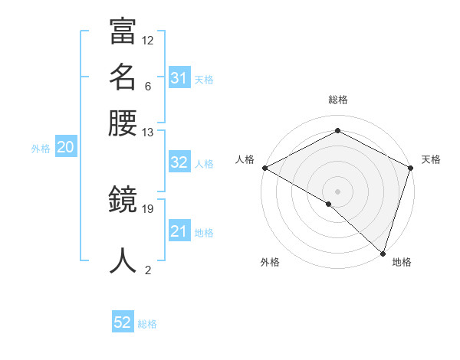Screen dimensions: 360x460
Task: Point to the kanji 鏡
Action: click(123, 201)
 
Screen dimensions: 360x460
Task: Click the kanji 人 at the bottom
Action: click(123, 260)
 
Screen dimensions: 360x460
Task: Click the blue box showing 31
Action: click(179, 78)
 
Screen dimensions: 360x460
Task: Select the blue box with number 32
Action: click(179, 162)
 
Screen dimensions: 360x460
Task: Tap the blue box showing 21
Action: click(179, 231)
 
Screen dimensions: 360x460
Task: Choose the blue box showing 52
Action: click(123, 323)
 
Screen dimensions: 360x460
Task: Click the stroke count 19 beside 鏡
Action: click(148, 208)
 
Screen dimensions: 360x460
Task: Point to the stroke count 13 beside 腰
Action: click(148, 133)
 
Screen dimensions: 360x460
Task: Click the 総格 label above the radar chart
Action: click(338, 100)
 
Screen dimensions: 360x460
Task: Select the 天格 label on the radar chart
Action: click(431, 159)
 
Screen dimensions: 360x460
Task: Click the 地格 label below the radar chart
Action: click(402, 262)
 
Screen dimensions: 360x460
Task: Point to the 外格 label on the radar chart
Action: click(270, 262)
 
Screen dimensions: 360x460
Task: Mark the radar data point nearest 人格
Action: click(264, 168)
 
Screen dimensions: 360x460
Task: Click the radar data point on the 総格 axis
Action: click(337, 131)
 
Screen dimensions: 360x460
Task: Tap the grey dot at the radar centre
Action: click(337, 191)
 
